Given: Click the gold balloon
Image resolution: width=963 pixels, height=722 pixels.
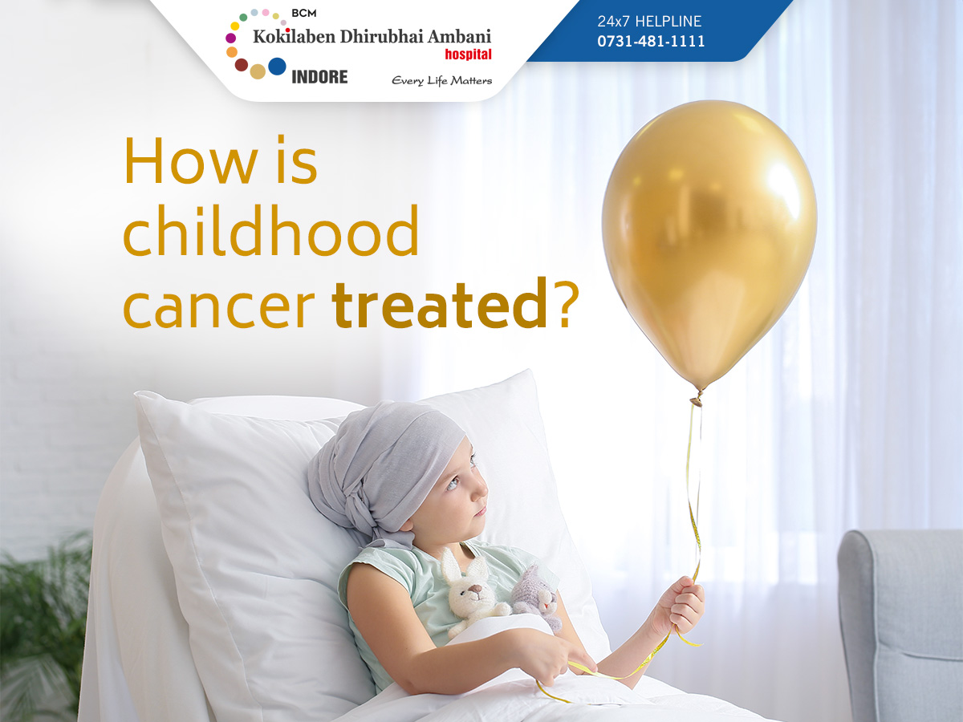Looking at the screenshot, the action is [x=709, y=243].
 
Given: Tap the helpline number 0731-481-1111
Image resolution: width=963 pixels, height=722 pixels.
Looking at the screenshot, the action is [x=651, y=41].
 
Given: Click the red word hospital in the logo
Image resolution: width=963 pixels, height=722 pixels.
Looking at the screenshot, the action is [x=468, y=55].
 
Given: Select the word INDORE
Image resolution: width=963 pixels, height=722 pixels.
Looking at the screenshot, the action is [x=320, y=77].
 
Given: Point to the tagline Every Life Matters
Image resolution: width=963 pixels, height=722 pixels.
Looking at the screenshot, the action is [x=442, y=81].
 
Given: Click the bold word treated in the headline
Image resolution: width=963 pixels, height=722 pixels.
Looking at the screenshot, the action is [x=440, y=304].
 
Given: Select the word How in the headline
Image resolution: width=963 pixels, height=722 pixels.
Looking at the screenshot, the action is [x=190, y=161].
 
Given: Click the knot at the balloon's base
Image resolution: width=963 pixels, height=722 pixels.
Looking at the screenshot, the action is [x=697, y=399].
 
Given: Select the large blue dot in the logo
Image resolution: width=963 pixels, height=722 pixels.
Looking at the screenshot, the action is [x=277, y=67].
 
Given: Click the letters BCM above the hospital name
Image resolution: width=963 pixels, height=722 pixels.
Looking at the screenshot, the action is [x=303, y=14].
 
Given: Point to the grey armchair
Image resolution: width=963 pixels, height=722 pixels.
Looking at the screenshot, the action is [x=900, y=625].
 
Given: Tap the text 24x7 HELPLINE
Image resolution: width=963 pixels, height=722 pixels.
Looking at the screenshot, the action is [x=649, y=22].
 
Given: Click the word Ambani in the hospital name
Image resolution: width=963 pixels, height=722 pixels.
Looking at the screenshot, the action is [x=459, y=37].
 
